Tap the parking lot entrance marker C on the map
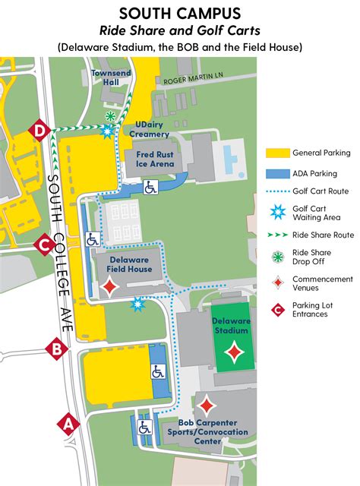click(x=45, y=245)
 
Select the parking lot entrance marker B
click(x=55, y=349)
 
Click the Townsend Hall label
click(x=107, y=77)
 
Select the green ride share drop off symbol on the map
click(x=111, y=116)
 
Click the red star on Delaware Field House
click(x=111, y=286)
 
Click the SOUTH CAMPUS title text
click(x=179, y=14)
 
